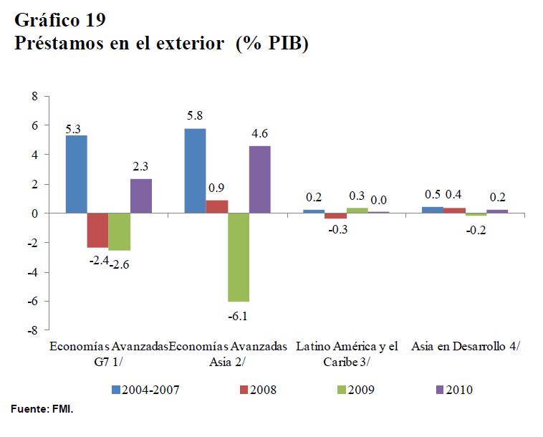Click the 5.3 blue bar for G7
(x=76, y=174)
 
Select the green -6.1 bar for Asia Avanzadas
(x=239, y=257)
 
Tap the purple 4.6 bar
(x=260, y=179)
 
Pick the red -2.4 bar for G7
(x=97, y=230)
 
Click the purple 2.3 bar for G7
(x=141, y=196)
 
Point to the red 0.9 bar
(x=217, y=206)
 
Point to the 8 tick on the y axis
(x=33, y=95)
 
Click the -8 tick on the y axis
(x=32, y=331)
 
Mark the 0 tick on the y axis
(x=33, y=213)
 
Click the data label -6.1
(x=239, y=314)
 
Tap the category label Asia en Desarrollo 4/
(x=466, y=347)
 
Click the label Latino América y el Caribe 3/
(x=347, y=354)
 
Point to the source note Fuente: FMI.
(x=42, y=409)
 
